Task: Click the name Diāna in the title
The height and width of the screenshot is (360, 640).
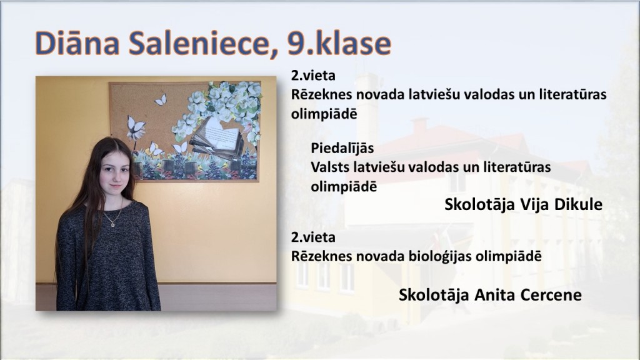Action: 77,42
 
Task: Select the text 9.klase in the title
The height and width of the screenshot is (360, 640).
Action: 339,42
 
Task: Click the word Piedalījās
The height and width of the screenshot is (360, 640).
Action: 342,148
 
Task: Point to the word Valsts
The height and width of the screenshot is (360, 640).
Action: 330,167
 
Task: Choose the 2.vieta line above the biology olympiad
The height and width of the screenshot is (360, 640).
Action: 313,237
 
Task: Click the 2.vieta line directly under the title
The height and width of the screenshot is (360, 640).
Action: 313,76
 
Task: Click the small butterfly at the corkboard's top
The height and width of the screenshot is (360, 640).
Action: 161,99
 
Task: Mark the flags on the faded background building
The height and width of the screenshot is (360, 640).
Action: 443,237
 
